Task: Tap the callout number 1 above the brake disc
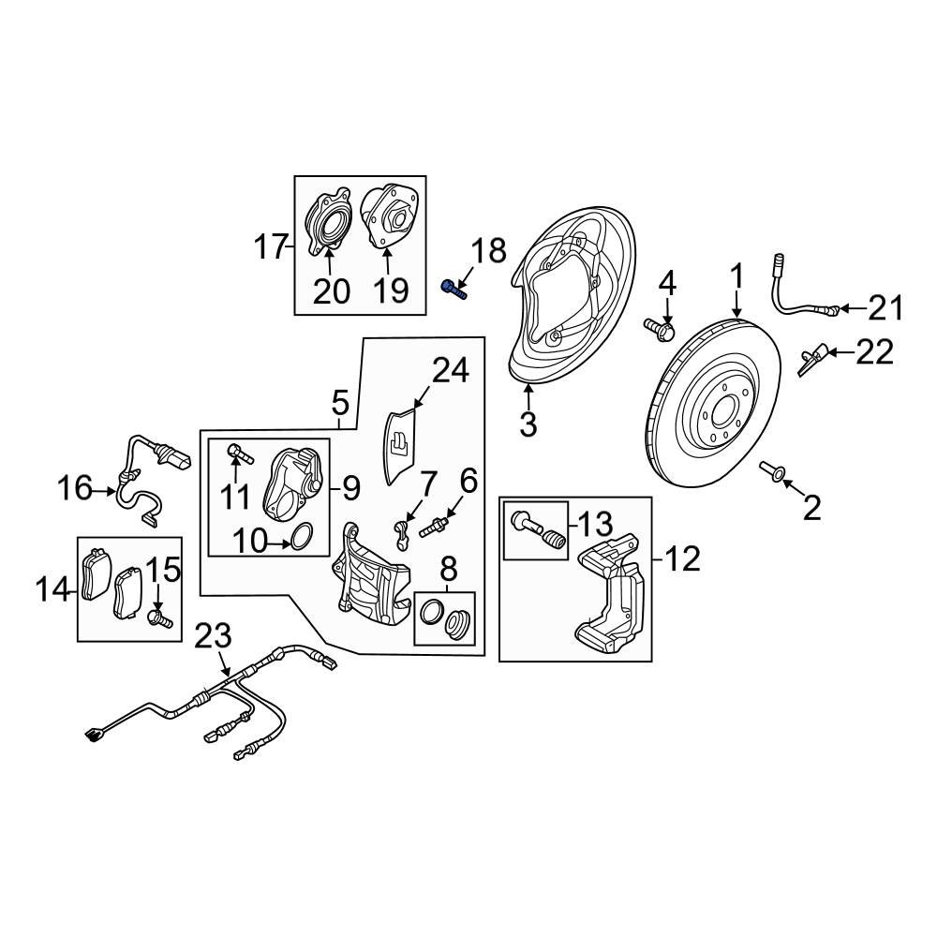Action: point(737,277)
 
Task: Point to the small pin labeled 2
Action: point(774,471)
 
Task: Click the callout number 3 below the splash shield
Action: point(528,424)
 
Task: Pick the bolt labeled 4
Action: point(661,328)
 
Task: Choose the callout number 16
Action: point(75,488)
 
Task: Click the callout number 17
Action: point(271,248)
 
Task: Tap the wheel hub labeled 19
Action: point(388,218)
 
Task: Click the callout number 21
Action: point(885,306)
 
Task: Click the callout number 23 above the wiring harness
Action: point(213,637)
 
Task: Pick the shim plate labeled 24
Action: point(401,446)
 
